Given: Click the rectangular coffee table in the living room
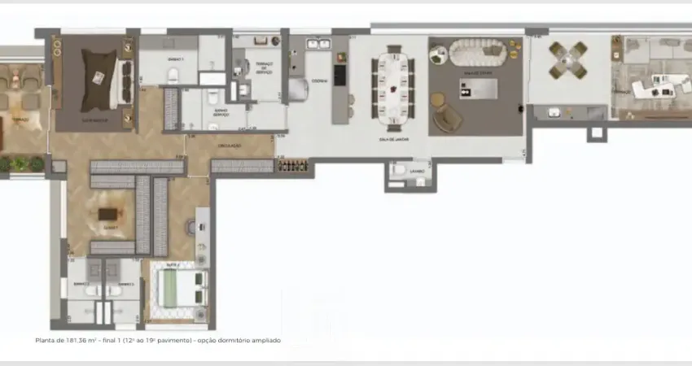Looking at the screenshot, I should [x=477, y=88].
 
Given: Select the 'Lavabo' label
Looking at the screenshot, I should [x=417, y=171].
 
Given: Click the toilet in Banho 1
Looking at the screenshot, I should [x=173, y=76].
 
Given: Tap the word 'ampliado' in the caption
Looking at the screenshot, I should [x=265, y=340].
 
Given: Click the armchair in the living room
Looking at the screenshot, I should [x=446, y=118].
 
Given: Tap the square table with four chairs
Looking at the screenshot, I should [x=567, y=59].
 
